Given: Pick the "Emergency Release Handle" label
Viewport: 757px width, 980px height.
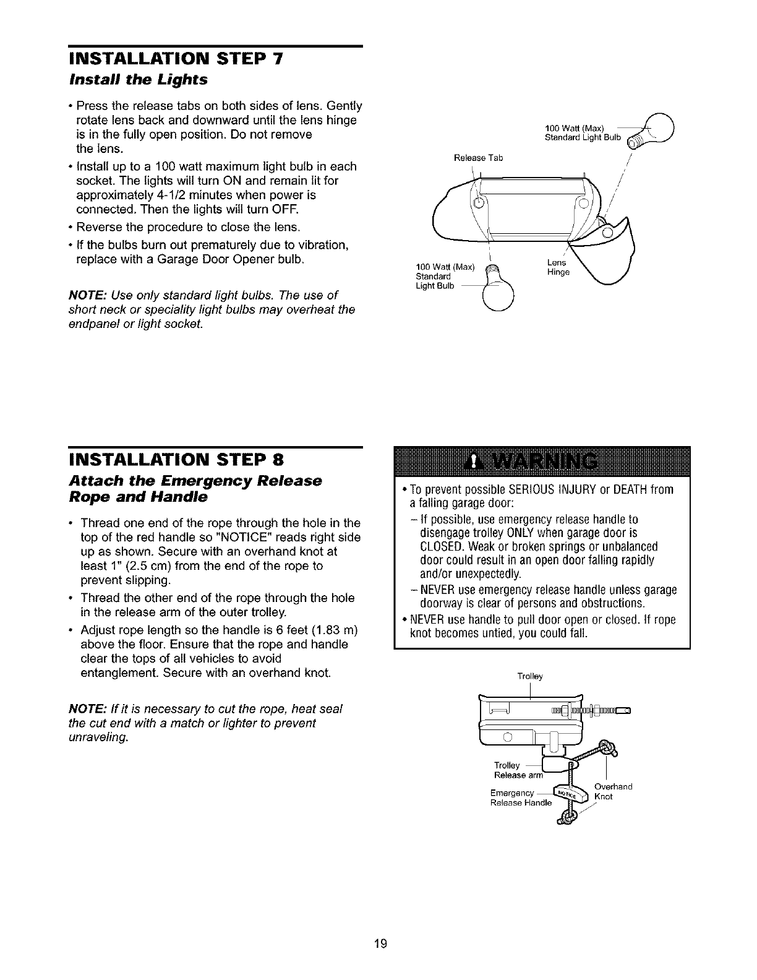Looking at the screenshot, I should [x=520, y=798].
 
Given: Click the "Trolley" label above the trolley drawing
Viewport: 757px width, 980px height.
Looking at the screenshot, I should [x=530, y=676].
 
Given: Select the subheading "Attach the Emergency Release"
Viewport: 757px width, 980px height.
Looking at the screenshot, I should [x=195, y=481].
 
